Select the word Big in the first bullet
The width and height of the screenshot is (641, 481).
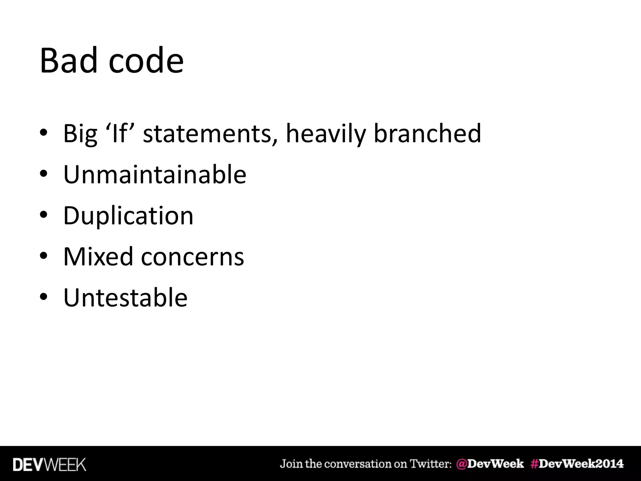(80, 134)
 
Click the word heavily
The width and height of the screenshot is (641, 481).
(326, 134)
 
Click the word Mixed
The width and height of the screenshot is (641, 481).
(98, 256)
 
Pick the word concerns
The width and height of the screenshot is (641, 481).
(192, 257)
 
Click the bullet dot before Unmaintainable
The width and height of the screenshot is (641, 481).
(44, 174)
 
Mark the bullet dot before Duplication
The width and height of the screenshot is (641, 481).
(44, 215)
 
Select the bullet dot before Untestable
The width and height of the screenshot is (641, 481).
(44, 297)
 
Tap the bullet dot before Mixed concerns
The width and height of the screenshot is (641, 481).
(44, 256)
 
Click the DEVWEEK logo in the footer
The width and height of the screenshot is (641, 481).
(49, 465)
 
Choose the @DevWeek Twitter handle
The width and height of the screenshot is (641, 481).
(490, 464)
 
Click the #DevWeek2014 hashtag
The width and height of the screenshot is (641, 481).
(577, 464)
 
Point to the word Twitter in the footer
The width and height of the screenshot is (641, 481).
(430, 464)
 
